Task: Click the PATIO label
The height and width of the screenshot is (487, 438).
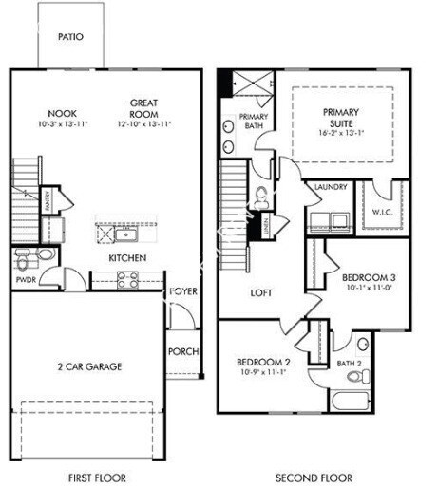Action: coord(70,37)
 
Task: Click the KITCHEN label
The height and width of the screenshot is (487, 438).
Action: coord(126,257)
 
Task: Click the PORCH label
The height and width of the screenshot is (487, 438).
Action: coord(183,351)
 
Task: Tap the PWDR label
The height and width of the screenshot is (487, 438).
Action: coord(26,281)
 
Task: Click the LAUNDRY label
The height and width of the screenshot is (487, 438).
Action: coord(329,188)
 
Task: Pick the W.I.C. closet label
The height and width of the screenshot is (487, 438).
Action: coord(383,212)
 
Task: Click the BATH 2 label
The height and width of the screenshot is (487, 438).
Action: coord(349,362)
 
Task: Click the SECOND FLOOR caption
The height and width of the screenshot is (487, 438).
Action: coord(314,477)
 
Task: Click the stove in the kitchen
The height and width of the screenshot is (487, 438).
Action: coord(127,279)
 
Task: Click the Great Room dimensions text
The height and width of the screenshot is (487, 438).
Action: coord(143,124)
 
